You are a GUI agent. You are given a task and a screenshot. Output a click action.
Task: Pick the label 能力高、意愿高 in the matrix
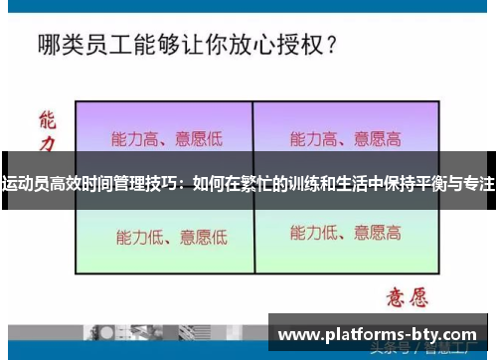pos(345,138)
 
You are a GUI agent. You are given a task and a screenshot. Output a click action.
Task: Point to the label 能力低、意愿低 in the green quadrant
pos(171,237)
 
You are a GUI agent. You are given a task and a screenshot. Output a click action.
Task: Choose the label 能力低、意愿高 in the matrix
pos(345,235)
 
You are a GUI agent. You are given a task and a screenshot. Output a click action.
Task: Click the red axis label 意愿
pos(406,296)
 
